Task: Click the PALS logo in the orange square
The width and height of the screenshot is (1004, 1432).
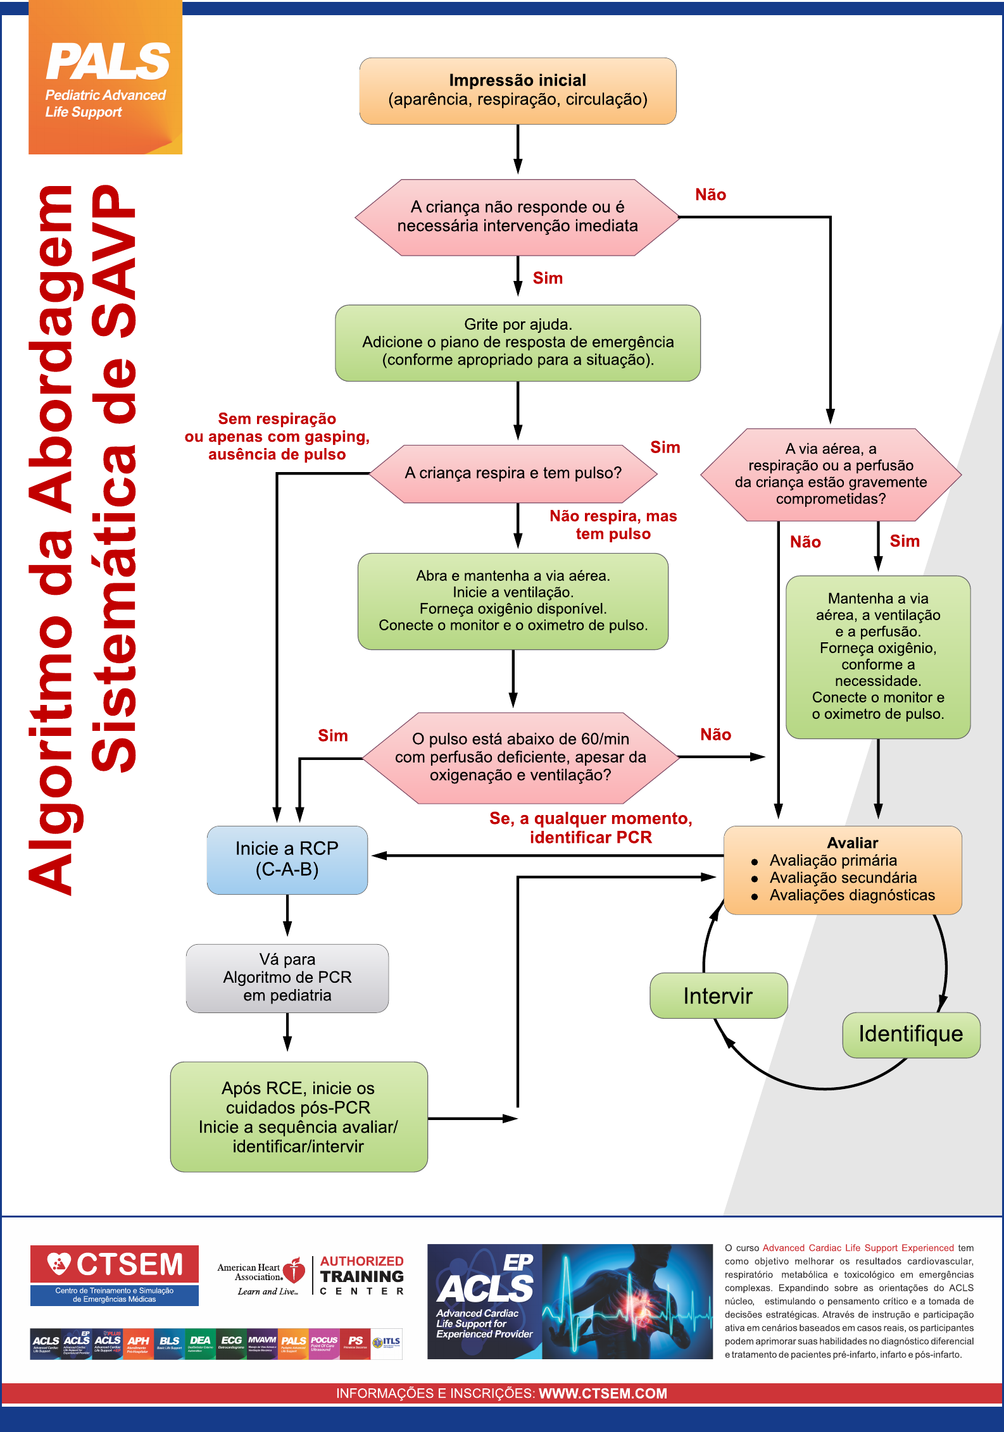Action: coord(108,62)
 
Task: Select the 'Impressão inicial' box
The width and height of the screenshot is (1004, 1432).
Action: coord(517,90)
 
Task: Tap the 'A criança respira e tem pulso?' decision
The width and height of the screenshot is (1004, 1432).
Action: coord(513,473)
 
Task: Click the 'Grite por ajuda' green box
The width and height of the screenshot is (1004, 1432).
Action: coord(517,342)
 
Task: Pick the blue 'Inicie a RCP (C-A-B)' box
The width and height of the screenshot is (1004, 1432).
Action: coord(287,859)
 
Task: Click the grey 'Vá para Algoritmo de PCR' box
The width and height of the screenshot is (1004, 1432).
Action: coord(287,978)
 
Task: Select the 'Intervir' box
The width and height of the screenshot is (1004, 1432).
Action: coord(718,996)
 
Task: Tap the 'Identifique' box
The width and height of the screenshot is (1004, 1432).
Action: coord(910,1034)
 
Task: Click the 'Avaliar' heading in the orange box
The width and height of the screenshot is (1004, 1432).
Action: coord(852,843)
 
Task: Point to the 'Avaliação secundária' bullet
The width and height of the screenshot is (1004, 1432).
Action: coord(843,878)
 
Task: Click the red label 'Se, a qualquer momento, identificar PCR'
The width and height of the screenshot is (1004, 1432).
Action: coord(591,828)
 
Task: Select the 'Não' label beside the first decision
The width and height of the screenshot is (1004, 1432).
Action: coord(710,195)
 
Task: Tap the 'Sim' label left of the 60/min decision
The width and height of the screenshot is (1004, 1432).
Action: coord(332,735)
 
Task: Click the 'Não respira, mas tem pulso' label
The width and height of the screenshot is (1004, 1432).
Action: coord(613,525)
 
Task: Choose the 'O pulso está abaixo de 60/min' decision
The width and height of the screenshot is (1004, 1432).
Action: coord(520,757)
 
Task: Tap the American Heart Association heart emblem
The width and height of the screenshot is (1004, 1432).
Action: coord(294,1270)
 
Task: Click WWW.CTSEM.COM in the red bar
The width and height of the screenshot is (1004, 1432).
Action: coord(603,1393)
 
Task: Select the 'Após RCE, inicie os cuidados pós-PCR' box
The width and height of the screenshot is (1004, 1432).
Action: coord(298,1116)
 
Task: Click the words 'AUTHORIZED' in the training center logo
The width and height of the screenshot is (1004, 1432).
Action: coord(361,1261)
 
